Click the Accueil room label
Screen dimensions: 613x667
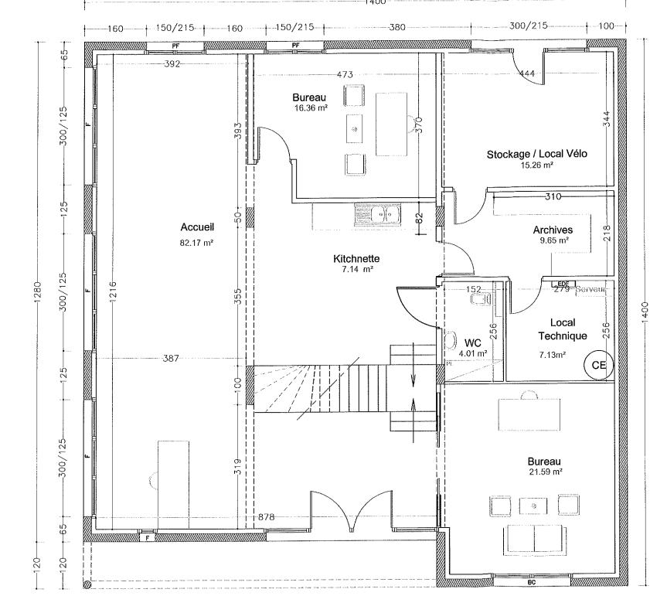[196, 227]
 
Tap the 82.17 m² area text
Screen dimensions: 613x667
[196, 242]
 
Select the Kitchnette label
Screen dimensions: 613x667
[356, 258]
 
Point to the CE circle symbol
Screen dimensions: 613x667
[597, 364]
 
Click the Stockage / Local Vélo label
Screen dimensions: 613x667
[536, 154]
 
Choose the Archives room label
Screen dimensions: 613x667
[553, 230]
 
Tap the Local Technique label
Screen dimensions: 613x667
[563, 329]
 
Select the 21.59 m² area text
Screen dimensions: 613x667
[546, 471]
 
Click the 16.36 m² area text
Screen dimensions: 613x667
[310, 109]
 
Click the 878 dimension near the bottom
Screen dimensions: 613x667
[267, 517]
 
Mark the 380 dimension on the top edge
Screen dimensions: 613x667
[396, 27]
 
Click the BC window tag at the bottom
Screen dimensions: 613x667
[531, 583]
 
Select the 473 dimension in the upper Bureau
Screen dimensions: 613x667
[345, 75]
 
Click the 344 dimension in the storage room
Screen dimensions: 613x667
[607, 118]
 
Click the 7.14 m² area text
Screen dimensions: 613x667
[356, 270]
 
